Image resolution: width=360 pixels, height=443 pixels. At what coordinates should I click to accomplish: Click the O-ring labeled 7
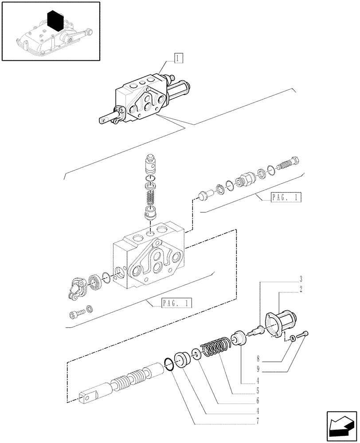pos(169,365)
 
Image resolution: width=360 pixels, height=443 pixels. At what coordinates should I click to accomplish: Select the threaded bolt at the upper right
pos(288,164)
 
